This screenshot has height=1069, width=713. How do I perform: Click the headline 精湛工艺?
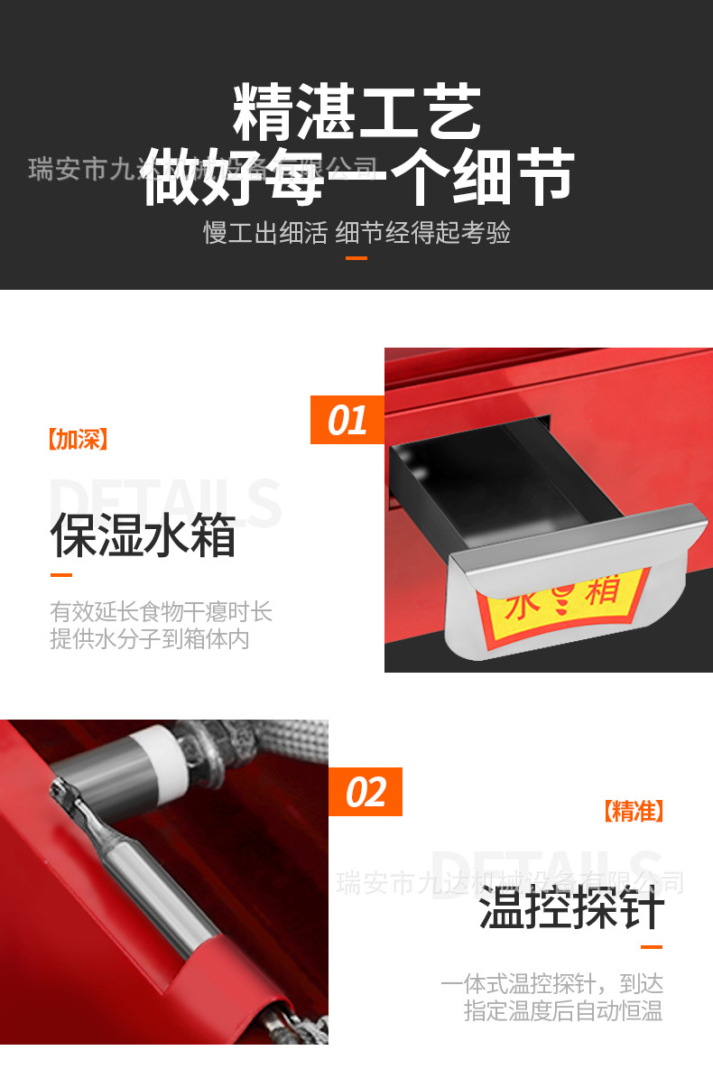coord(356,113)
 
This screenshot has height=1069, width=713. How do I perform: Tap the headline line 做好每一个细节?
coord(358,175)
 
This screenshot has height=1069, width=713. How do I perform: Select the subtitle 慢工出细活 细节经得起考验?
coord(356,233)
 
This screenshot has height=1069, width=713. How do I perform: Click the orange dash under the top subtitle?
coord(356,258)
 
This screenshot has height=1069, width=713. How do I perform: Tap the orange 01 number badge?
coord(347,420)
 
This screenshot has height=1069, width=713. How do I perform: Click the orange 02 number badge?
coord(365,792)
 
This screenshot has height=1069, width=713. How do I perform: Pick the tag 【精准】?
coord(633,811)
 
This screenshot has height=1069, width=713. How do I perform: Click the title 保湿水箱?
coord(143,535)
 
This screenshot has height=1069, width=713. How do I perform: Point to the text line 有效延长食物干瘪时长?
coord(161,612)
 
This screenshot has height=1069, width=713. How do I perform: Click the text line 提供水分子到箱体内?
coord(149,639)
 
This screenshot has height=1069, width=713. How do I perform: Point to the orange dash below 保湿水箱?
coord(60,575)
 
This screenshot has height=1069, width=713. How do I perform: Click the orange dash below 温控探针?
coord(651,947)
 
